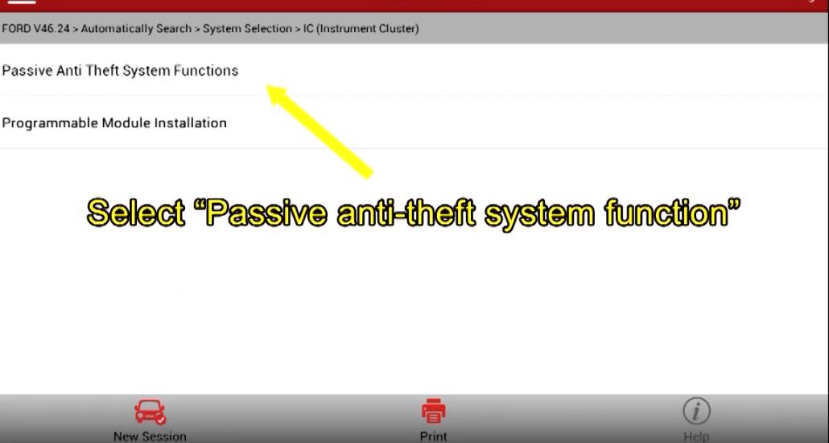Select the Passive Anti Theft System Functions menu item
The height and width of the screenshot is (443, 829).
[x=120, y=70]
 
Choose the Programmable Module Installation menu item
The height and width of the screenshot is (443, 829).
[x=114, y=122]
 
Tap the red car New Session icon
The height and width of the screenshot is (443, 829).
[x=150, y=412]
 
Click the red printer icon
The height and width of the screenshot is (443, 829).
[x=434, y=412]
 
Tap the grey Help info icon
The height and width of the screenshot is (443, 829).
[x=696, y=412]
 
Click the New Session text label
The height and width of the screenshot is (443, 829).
[x=150, y=437]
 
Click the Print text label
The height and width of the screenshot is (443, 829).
[x=434, y=437]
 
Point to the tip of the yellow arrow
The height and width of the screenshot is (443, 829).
[x=267, y=85]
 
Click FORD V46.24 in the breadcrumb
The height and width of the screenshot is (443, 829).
[x=35, y=28]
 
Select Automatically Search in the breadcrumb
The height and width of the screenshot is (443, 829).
[x=136, y=28]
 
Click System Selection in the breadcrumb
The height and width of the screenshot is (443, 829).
[x=247, y=28]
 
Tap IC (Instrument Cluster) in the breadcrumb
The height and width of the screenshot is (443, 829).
[x=361, y=28]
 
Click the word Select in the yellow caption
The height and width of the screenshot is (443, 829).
[x=136, y=213]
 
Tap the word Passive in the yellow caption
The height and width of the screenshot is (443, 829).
[x=266, y=213]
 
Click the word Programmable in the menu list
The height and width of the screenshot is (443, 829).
[x=50, y=123]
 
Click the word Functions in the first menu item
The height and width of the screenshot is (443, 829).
[x=206, y=70]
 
